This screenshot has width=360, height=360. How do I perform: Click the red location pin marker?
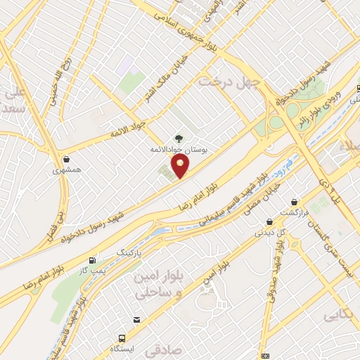[x=181, y=167]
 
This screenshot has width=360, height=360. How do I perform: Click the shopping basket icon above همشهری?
[x=66, y=160]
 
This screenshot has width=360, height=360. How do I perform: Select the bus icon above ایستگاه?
[x=122, y=338]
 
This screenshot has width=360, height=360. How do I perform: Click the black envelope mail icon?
[x=136, y=320]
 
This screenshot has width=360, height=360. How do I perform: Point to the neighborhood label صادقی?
[x=164, y=349]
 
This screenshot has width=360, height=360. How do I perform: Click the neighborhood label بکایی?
[x=340, y=316]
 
